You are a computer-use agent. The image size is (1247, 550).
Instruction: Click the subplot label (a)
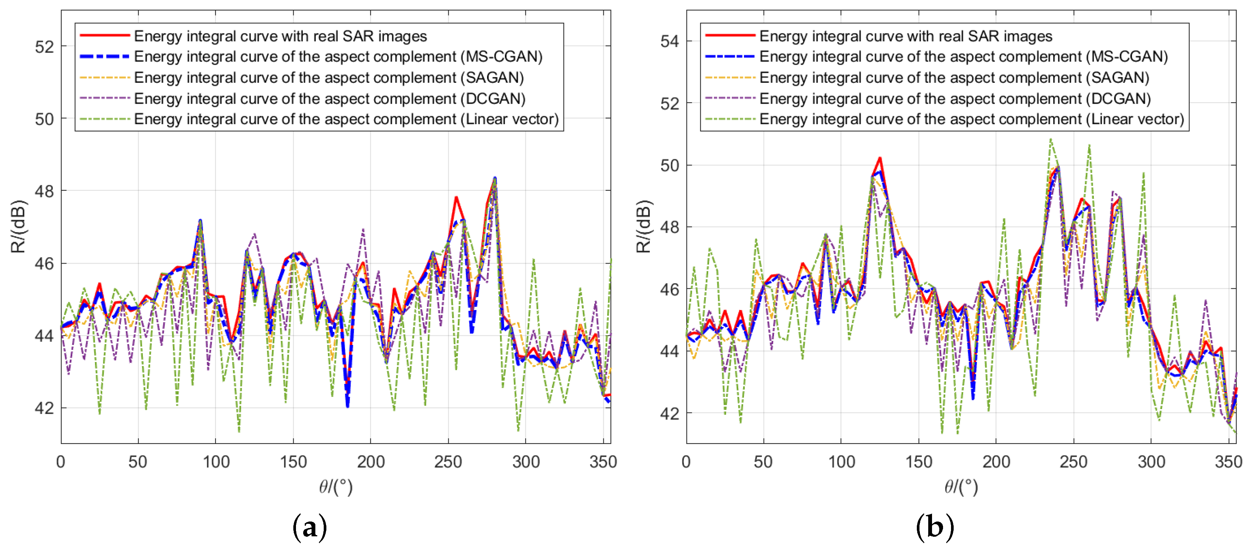tap(310, 528)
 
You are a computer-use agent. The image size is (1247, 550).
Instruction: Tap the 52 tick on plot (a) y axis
tap(44, 47)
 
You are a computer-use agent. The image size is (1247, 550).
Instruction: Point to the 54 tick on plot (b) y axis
tap(669, 42)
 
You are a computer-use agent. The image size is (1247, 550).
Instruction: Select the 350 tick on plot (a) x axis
tap(603, 462)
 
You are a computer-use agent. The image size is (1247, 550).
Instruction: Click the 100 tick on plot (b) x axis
tap(841, 462)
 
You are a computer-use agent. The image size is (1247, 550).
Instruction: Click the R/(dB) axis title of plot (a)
tap(18, 226)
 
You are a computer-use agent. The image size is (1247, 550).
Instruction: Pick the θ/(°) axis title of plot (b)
tap(961, 487)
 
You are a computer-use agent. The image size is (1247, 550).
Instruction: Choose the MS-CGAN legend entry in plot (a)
tap(338, 57)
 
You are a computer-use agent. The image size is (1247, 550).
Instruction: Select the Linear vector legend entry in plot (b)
tap(971, 119)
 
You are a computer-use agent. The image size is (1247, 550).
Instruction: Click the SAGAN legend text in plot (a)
tap(329, 77)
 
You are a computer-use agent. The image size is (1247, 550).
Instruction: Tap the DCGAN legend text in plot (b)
tap(954, 98)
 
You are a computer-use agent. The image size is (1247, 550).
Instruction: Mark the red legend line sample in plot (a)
tap(104, 35)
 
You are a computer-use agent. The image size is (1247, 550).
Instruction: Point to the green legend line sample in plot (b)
tap(730, 119)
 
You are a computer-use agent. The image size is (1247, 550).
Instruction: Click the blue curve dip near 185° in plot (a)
tap(348, 405)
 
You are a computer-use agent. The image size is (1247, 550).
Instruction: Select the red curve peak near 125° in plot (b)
tap(880, 158)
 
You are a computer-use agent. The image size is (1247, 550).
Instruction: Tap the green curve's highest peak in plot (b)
tap(1051, 139)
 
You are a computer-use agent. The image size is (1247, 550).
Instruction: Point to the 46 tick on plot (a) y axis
tap(44, 264)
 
